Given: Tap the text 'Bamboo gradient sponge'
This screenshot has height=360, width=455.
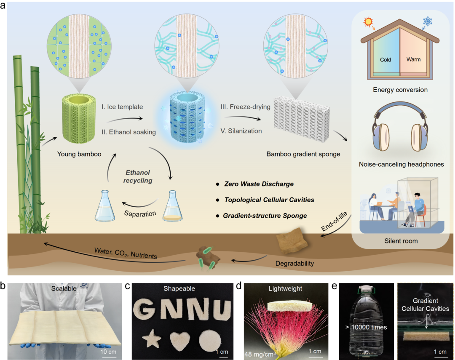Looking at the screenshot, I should pyautogui.click(x=303, y=154).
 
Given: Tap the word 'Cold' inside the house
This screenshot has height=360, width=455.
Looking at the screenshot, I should pyautogui.click(x=385, y=59).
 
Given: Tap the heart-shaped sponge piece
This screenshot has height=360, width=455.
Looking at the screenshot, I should pyautogui.click(x=181, y=339).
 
